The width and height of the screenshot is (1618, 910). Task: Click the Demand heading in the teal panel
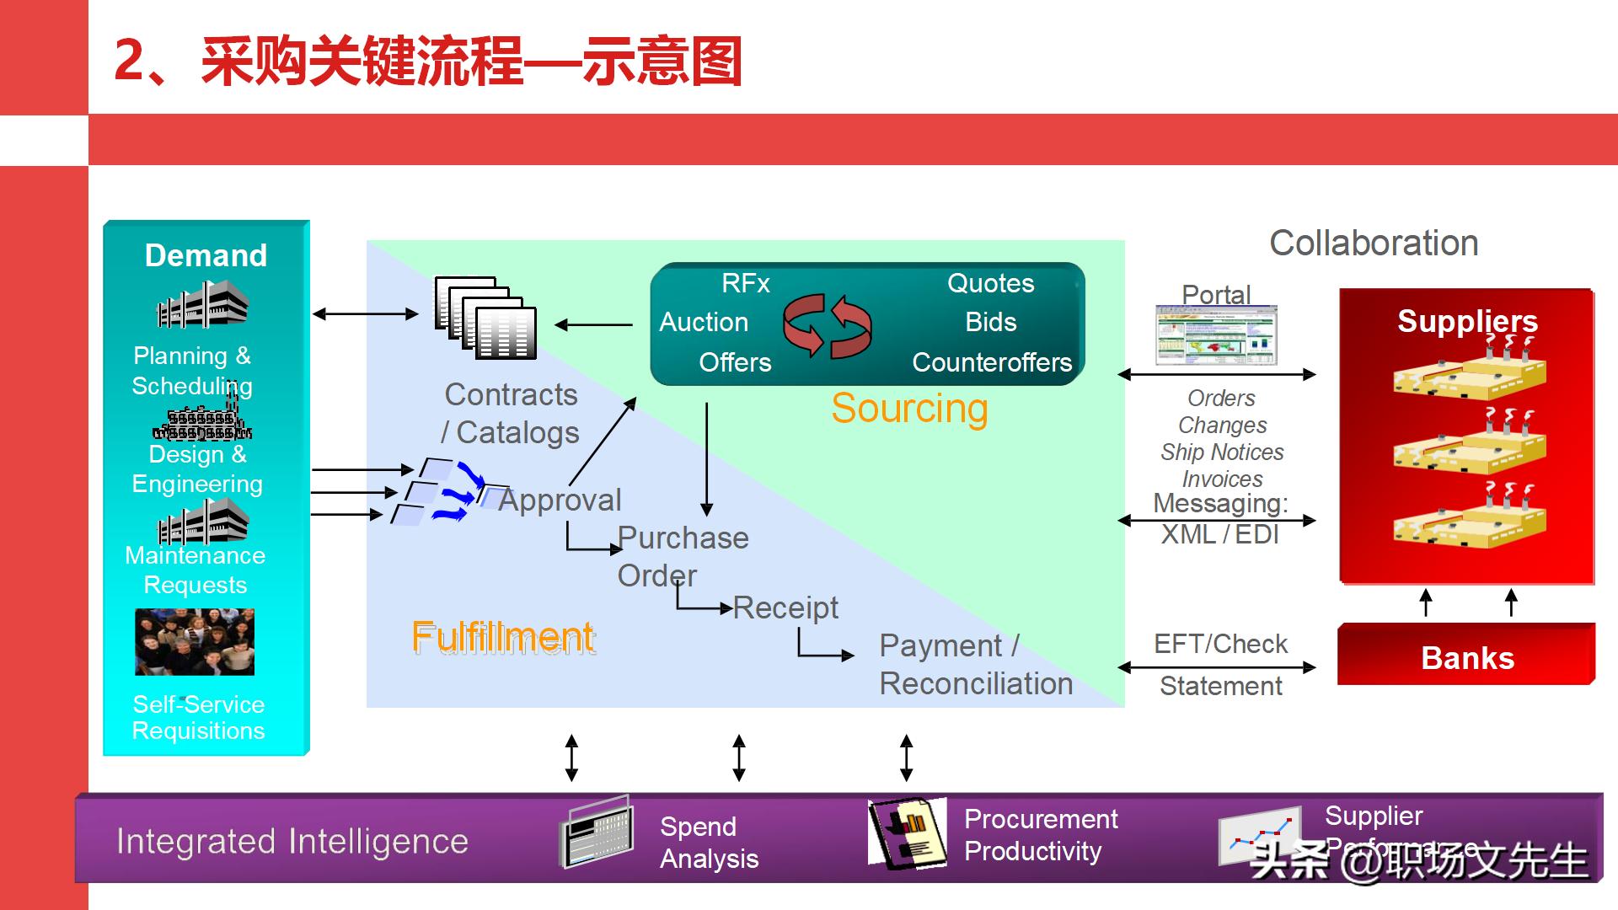click(x=206, y=255)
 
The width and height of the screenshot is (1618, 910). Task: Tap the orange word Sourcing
click(x=909, y=409)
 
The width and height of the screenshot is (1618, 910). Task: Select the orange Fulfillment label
click(x=503, y=637)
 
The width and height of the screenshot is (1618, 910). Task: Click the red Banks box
click(x=1466, y=657)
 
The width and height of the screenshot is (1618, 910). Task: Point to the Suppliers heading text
click(x=1467, y=321)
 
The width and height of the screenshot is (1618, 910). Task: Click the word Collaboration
click(x=1374, y=244)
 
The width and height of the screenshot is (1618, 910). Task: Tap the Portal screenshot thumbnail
click(x=1216, y=335)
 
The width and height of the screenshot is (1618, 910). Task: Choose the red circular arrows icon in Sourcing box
click(x=827, y=325)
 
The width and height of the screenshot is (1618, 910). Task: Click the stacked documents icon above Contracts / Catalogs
click(x=485, y=318)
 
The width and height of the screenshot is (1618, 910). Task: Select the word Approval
click(x=560, y=500)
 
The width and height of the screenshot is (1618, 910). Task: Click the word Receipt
click(x=785, y=608)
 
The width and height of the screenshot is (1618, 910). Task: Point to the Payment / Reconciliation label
click(x=976, y=665)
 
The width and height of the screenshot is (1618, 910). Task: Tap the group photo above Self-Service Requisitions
click(x=195, y=641)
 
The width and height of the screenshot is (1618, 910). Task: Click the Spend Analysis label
click(x=709, y=843)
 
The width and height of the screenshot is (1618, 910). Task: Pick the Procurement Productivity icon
click(x=907, y=833)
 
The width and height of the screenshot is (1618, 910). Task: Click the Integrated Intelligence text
click(x=292, y=842)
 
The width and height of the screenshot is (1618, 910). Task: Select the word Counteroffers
click(x=992, y=362)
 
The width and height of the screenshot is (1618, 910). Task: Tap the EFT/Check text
click(x=1220, y=645)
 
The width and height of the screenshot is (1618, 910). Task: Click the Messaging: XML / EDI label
click(x=1220, y=519)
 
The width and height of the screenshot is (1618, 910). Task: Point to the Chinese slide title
click(x=428, y=62)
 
